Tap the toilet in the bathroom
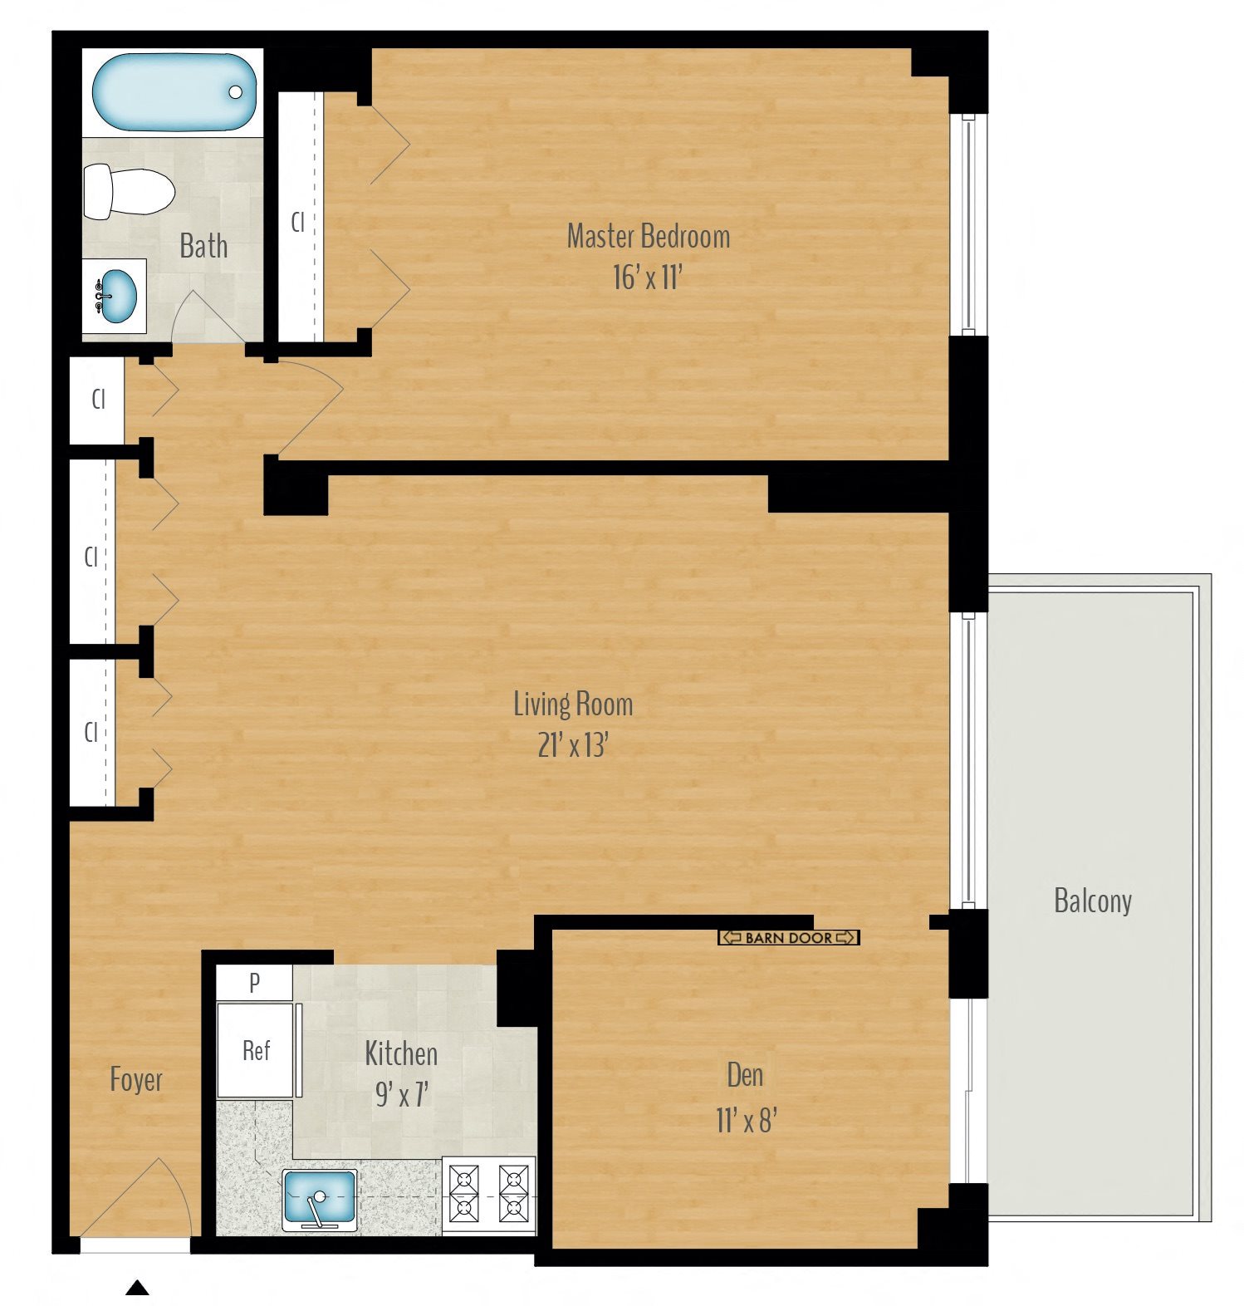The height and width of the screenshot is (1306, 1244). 129,192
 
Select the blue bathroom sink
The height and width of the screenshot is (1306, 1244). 115,297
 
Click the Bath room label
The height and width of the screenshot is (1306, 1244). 203,246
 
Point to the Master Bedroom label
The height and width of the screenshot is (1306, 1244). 648,237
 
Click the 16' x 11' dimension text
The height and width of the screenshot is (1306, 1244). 647,277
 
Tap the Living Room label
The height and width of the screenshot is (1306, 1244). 573,705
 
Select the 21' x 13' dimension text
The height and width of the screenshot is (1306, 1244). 573,745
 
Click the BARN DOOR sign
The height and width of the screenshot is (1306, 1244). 788,938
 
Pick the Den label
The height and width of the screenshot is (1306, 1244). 745,1075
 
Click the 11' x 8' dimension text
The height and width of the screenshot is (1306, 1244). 746,1121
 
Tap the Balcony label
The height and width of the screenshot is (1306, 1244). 1092,901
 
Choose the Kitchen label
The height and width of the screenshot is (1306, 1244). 401,1053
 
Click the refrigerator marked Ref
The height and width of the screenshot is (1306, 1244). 256,1051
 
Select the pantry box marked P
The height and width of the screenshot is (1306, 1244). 254,983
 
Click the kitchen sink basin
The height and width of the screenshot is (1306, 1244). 320,1198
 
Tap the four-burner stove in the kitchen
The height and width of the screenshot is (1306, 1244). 489,1195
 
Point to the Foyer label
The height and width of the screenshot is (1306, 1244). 136,1080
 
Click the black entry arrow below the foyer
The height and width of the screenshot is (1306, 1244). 137,1288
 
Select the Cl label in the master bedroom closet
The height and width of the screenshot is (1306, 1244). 297,222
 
